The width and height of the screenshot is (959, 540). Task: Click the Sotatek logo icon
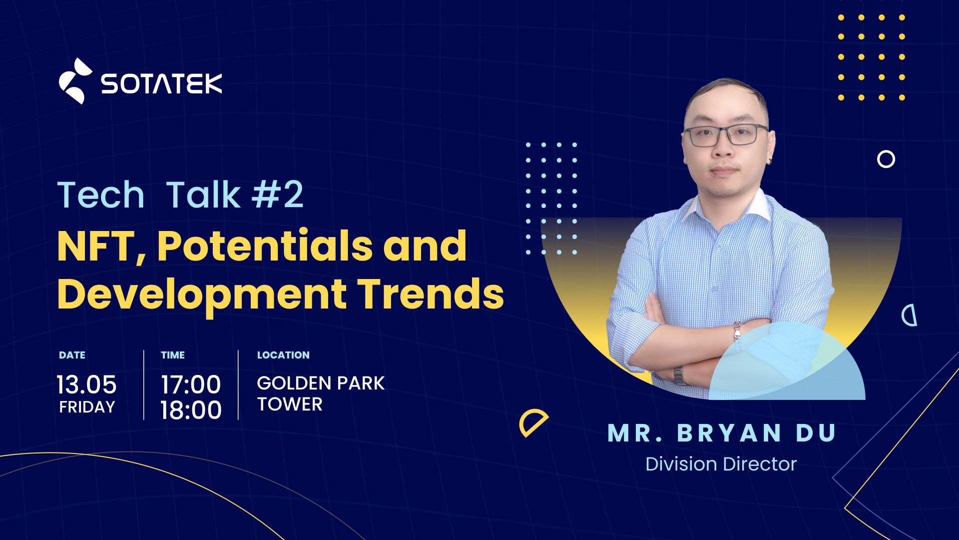click(75, 81)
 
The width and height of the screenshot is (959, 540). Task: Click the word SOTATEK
click(162, 83)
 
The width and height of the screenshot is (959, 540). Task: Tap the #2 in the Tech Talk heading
click(278, 194)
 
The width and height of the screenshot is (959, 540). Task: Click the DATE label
click(72, 355)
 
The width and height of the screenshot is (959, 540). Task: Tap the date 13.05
click(86, 384)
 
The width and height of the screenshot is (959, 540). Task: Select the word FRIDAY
click(87, 407)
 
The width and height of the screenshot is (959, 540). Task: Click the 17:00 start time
click(191, 384)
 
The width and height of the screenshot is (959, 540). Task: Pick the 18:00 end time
click(191, 410)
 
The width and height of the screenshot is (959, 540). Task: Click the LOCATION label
click(283, 355)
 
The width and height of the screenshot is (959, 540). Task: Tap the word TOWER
click(290, 404)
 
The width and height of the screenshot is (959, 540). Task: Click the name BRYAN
click(729, 433)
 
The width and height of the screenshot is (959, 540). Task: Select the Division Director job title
click(721, 464)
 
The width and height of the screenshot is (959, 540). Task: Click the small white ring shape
click(886, 159)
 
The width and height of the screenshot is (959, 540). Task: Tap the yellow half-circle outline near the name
click(533, 422)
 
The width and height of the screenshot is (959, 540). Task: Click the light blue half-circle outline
click(910, 315)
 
